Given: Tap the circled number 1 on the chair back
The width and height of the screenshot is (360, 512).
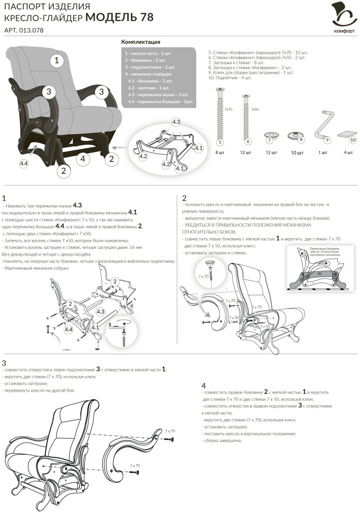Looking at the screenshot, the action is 57,61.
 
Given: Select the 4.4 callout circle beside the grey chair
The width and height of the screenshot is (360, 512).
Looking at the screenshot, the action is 24,163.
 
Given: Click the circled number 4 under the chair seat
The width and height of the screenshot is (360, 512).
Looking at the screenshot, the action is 83,158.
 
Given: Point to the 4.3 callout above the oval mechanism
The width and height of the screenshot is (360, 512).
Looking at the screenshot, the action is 176,122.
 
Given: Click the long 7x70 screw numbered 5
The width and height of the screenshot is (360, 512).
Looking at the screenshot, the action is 220,116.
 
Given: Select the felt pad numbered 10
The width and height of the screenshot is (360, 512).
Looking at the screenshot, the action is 347,135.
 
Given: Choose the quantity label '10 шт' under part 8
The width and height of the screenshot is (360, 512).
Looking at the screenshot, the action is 297,152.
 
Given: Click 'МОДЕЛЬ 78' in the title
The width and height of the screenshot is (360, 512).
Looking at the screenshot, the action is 119,17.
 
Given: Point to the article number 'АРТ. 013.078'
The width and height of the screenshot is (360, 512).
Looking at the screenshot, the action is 24,30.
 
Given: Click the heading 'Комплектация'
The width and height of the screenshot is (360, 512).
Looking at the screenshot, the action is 140,42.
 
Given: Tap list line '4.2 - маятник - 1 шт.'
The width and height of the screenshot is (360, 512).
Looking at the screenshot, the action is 149,88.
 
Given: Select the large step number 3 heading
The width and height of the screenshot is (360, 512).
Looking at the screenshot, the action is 4,363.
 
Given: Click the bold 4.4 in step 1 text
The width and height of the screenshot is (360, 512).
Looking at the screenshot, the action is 59,226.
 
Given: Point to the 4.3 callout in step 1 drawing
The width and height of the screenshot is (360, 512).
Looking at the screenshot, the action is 100,311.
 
